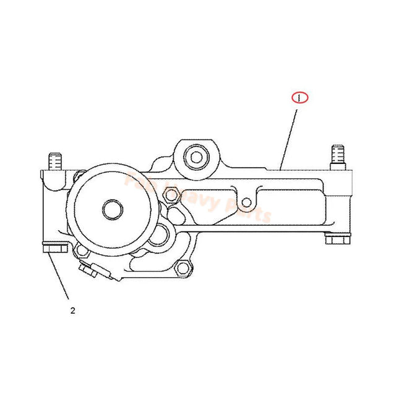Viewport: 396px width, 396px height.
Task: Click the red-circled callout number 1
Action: point(299,98)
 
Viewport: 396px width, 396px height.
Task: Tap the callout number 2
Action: point(72,311)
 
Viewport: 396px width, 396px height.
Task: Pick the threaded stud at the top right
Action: point(337,155)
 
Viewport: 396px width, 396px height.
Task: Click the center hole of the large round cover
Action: point(113,209)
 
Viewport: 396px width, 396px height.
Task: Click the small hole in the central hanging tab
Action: point(247,201)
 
